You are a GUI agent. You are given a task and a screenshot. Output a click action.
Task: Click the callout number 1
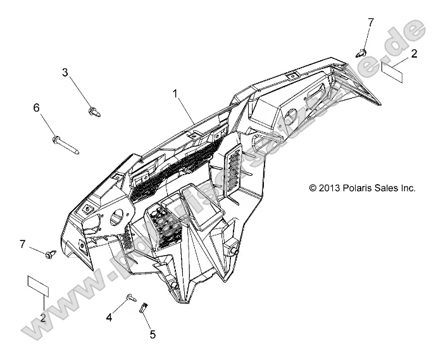coord(175,94)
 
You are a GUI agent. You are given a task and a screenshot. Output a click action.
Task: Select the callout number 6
coord(36,108)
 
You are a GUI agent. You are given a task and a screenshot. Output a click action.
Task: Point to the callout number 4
coord(109,318)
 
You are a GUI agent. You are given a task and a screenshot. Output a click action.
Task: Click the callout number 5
coord(153,334)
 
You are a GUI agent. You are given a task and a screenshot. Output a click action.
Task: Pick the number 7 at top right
coord(370,22)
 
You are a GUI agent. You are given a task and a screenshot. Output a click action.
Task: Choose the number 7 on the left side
coord(23,244)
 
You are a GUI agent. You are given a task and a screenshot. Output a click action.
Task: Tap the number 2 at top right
coord(414,54)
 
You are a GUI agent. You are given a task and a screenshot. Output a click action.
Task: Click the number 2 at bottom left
coord(42,318)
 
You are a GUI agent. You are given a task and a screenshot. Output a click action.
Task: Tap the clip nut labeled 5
coord(144,308)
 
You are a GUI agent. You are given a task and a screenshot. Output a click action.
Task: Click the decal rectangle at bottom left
coord(37,284)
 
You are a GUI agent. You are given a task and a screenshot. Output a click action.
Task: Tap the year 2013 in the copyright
coord(332,188)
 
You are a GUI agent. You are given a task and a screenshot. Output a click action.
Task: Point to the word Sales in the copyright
coord(391,188)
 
